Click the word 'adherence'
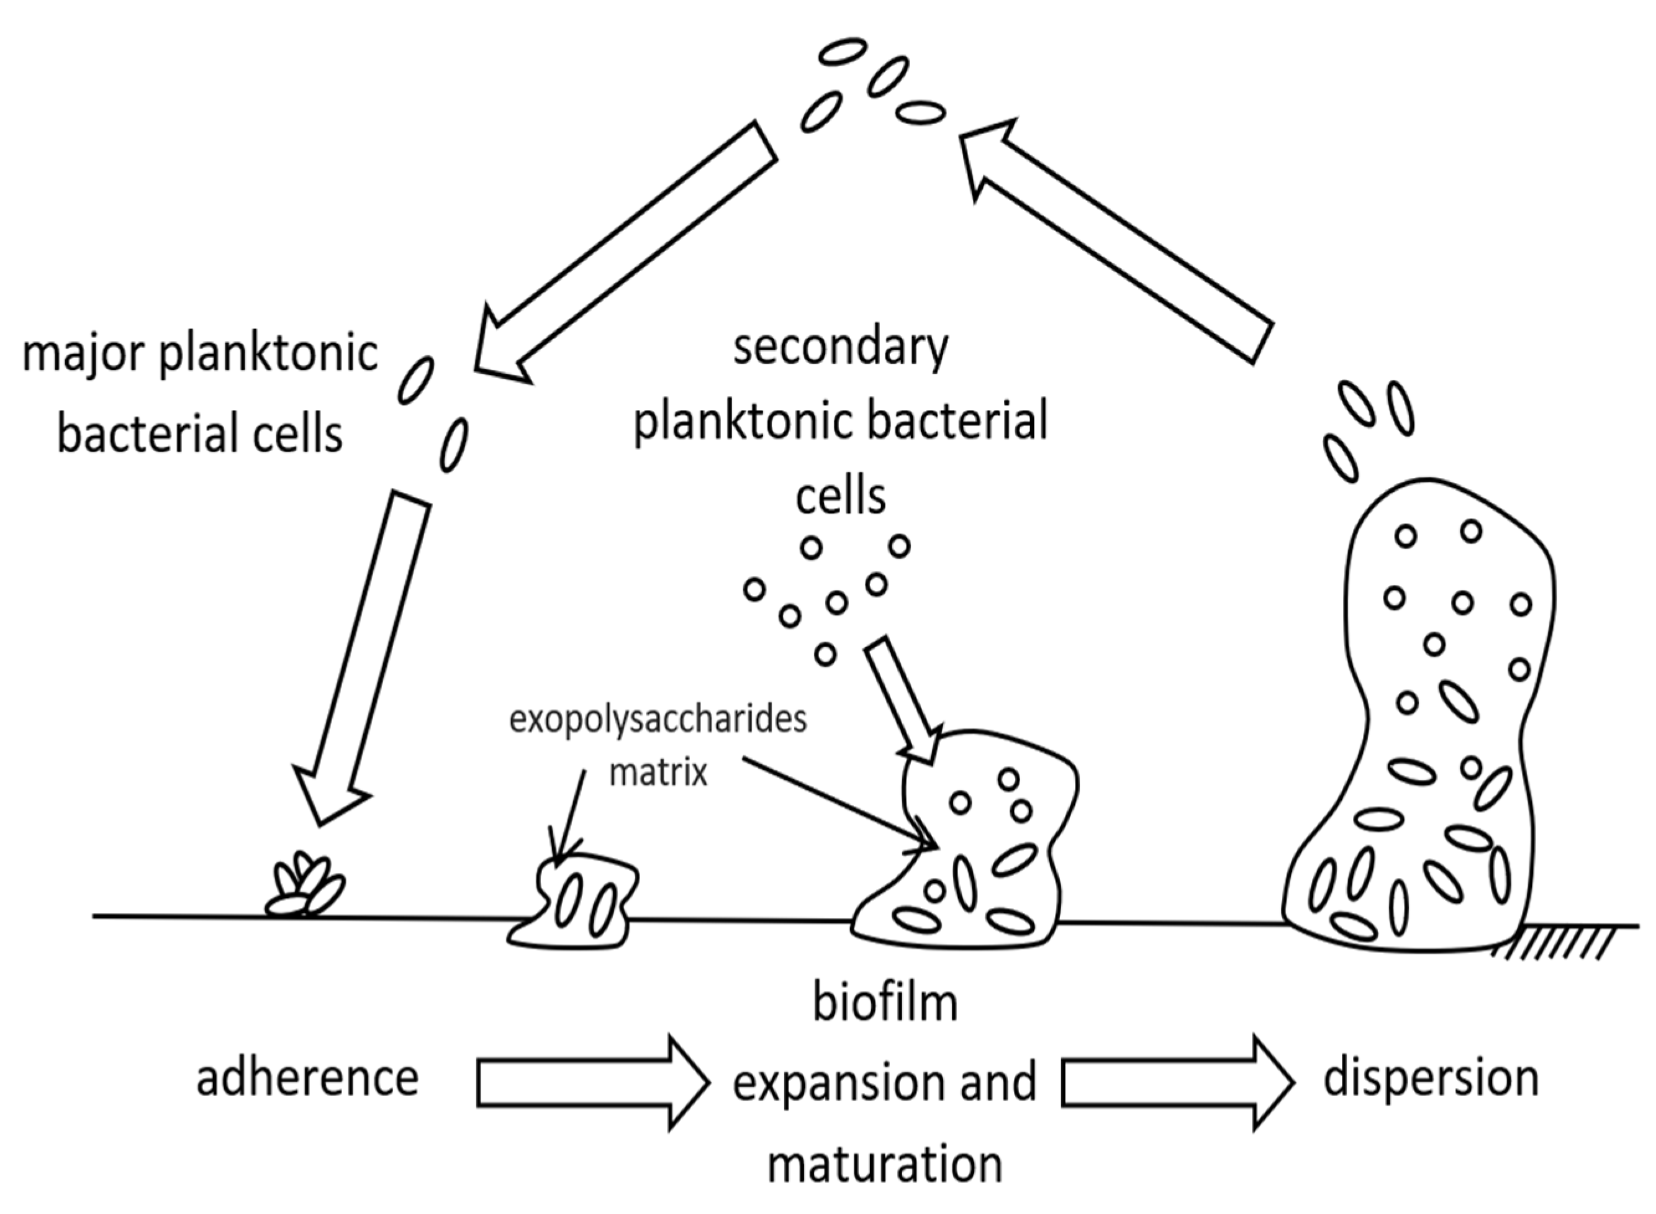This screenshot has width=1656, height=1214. pos(307,1079)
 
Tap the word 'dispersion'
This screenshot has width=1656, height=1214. pos(1431,1079)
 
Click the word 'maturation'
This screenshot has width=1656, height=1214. pos(885,1166)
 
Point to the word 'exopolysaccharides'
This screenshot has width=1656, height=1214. pos(658,720)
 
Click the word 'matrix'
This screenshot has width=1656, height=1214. pos(658,773)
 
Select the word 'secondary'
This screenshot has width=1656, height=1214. pos(841,347)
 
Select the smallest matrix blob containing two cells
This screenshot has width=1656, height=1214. pos(581,904)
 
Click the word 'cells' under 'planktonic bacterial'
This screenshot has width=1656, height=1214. pos(841,497)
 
